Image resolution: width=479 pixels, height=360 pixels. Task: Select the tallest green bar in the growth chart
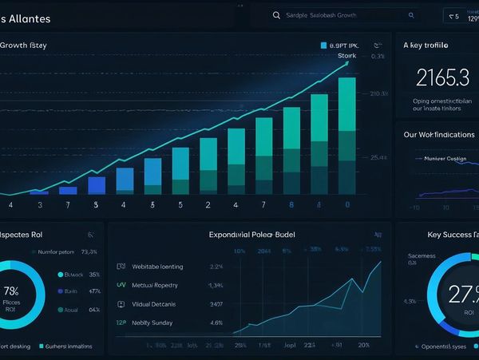point(346,136)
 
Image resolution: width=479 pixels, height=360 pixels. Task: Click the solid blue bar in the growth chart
point(97,184)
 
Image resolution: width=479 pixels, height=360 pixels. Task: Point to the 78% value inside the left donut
point(11,291)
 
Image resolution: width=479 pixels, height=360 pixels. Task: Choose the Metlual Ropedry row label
point(155,285)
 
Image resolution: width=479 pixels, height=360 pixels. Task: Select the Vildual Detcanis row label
point(154,304)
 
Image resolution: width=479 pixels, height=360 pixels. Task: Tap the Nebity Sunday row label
point(152,323)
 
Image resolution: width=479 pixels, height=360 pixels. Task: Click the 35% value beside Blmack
point(95,274)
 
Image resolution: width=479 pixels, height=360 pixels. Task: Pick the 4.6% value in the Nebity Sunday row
point(216,323)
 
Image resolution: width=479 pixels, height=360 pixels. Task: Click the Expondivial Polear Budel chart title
point(251,235)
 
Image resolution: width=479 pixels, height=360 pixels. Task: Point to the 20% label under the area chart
point(363,346)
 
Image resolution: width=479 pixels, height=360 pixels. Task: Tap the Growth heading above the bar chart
point(23,45)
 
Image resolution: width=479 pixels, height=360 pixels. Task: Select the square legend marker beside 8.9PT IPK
point(323,45)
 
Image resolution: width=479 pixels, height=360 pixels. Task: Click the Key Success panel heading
point(450,235)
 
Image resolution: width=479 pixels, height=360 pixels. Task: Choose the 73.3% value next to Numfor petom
point(89,251)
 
